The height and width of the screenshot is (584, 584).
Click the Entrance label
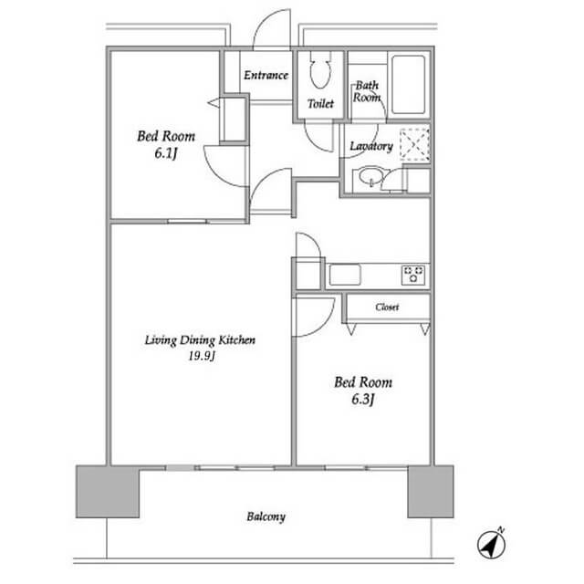click(x=266, y=75)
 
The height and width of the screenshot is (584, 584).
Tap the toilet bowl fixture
click(x=320, y=70)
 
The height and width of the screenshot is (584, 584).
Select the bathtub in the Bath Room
click(x=409, y=85)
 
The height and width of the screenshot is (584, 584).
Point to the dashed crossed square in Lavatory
click(x=414, y=144)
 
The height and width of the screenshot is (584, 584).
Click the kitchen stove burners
click(x=413, y=275)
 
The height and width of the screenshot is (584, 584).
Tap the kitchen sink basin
click(x=345, y=275)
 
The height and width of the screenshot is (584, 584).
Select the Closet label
click(x=387, y=307)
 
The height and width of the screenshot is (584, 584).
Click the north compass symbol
click(x=491, y=544)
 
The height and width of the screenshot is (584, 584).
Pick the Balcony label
click(x=266, y=516)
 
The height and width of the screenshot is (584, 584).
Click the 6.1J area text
click(x=165, y=153)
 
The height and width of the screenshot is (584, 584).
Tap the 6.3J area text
click(x=363, y=400)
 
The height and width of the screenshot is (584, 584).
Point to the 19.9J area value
click(x=202, y=356)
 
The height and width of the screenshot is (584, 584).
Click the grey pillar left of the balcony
click(x=108, y=491)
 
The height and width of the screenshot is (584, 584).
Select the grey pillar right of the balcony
click(x=431, y=491)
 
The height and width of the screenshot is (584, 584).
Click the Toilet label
click(x=320, y=103)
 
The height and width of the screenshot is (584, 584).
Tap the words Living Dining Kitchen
click(x=200, y=340)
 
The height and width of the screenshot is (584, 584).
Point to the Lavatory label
click(x=371, y=146)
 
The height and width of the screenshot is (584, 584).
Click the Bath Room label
click(x=367, y=91)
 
